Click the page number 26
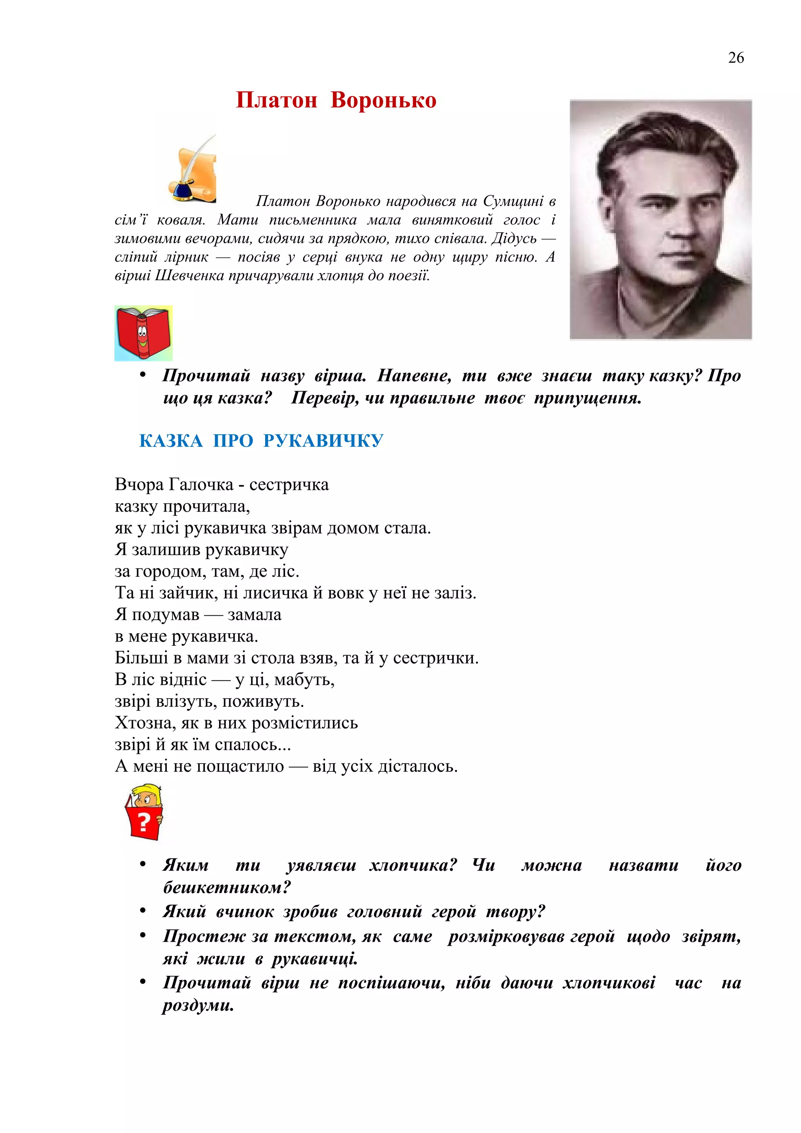pos(735,58)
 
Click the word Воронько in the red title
pos(383,100)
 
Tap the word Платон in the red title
pos(277,100)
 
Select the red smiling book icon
pos(144,333)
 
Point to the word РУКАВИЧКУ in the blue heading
pos(323,441)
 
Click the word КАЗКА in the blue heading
pos(171,441)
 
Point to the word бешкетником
pos(227,887)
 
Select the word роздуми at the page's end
pos(198,1005)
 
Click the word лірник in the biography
pos(187,257)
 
